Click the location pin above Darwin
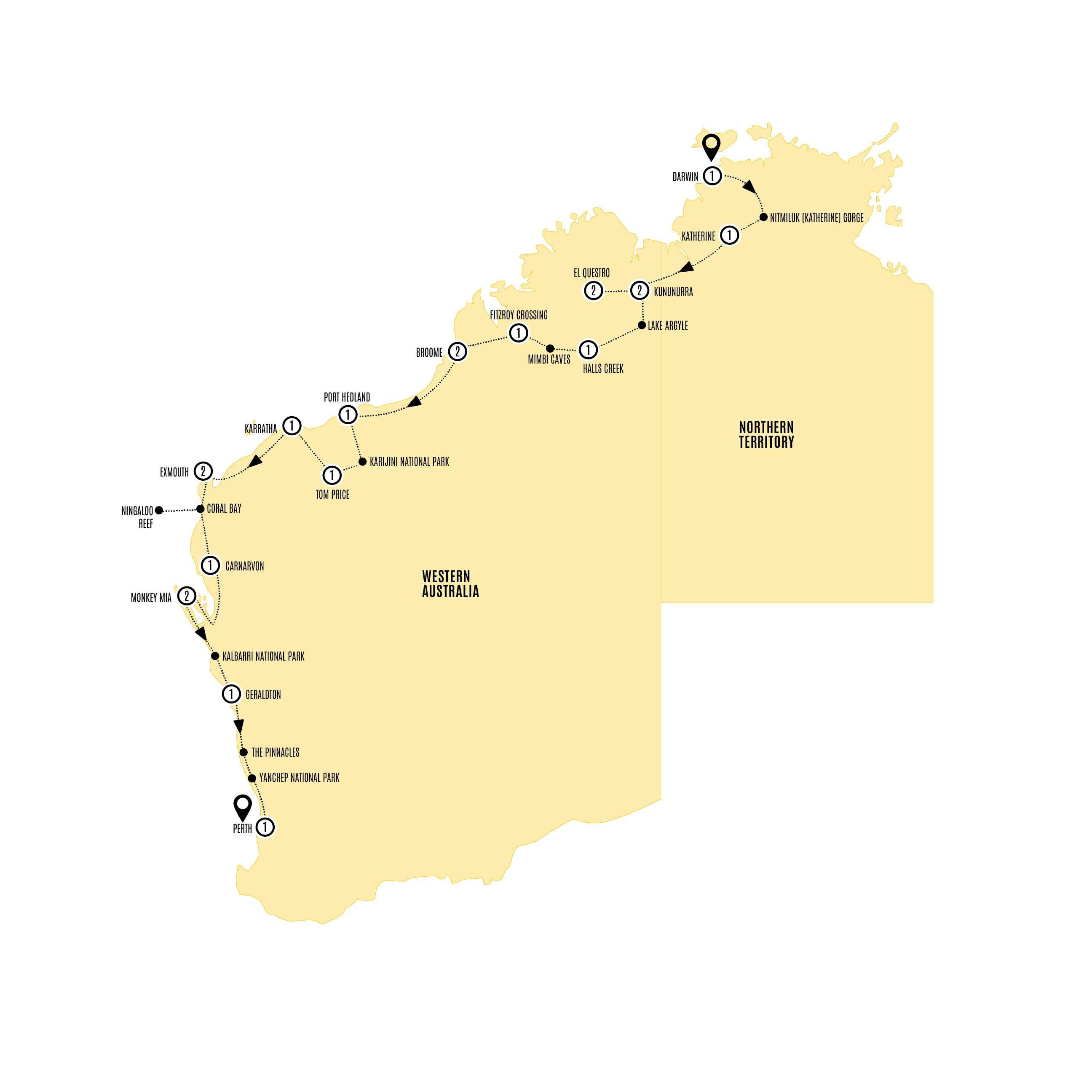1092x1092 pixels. pos(711,146)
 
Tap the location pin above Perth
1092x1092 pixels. pos(243,806)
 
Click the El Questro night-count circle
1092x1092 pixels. pos(593,291)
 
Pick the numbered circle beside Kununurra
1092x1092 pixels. pos(639,291)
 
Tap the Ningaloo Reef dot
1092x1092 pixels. pos(159,510)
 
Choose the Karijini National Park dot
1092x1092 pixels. pos(363,462)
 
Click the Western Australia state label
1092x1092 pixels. pos(450,584)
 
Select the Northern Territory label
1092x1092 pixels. pos(766,435)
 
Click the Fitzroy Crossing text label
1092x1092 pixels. pos(518,316)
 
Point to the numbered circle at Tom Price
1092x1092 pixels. pos(332,475)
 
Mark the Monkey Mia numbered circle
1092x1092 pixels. pos(187,596)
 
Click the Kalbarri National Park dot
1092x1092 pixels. pos(215,656)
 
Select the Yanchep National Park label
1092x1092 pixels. pos(299,778)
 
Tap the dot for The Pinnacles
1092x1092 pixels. pos(244,752)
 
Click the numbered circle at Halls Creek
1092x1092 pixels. pos(588,350)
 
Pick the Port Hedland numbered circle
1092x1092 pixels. pos(348,415)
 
